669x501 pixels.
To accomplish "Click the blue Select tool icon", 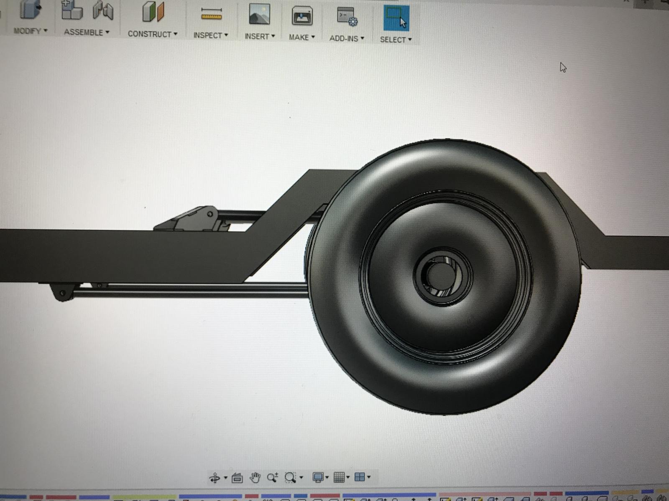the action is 396,18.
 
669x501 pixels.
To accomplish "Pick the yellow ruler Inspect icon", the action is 211,14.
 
